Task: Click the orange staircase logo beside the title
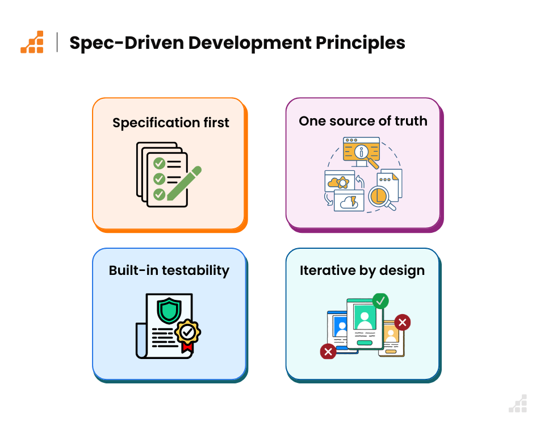point(32,42)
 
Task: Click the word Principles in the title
point(361,43)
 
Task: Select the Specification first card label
point(170,123)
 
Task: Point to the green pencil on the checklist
point(184,183)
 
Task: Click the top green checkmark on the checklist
point(160,164)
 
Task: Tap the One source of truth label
point(363,121)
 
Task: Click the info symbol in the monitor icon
point(361,152)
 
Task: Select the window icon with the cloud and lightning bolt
point(349,201)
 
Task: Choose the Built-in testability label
point(169,270)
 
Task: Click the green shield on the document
point(169,311)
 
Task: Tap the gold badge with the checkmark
point(188,332)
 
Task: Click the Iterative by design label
point(362,270)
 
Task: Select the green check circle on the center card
point(380,301)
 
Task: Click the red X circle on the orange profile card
point(403,322)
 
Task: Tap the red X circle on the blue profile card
point(328,352)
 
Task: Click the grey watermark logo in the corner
point(518,403)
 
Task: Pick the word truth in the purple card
point(411,121)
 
